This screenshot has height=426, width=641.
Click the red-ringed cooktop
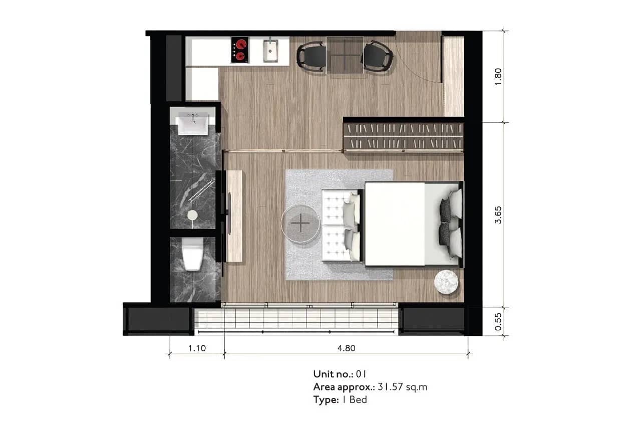click(x=240, y=50)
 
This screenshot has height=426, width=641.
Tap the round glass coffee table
click(x=300, y=223)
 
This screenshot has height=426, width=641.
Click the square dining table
click(x=345, y=55)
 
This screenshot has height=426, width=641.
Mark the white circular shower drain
click(x=192, y=215)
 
